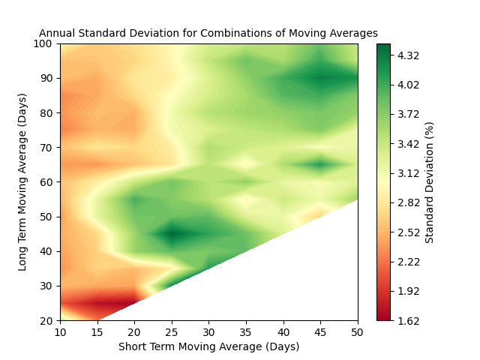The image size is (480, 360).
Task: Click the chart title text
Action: coord(208,33)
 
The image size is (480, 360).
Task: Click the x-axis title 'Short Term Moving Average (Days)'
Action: coord(208,346)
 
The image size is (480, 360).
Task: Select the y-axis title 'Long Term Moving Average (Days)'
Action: coord(22,182)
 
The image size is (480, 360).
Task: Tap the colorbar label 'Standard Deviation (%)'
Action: coord(430,182)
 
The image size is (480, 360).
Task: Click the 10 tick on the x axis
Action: coord(61,331)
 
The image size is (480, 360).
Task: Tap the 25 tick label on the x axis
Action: coord(172,331)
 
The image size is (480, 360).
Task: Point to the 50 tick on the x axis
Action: coord(358,331)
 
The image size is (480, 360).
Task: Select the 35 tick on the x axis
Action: coord(246,331)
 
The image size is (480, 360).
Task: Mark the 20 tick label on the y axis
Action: coord(48,320)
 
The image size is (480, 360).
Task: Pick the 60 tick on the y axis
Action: coord(48,182)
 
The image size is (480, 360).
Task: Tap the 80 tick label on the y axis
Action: coord(48,112)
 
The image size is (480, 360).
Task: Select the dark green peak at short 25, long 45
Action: coord(172,234)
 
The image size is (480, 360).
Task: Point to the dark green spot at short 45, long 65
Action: coord(321,164)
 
